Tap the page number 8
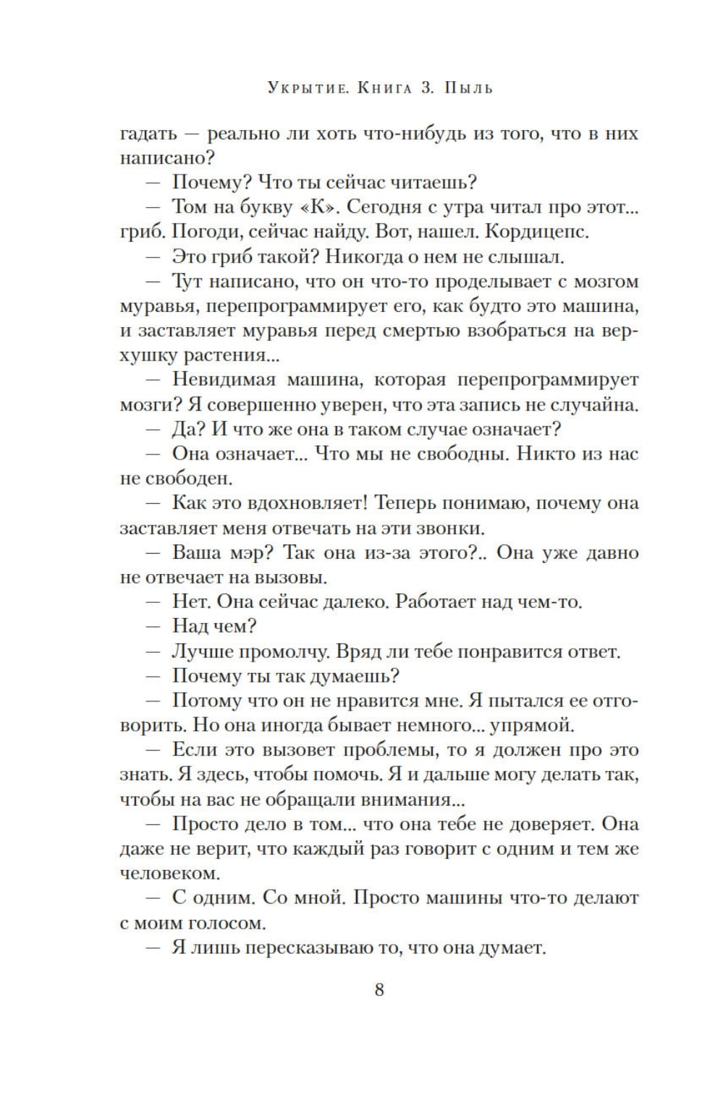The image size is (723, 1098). point(379,990)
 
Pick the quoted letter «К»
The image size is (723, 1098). point(316,207)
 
